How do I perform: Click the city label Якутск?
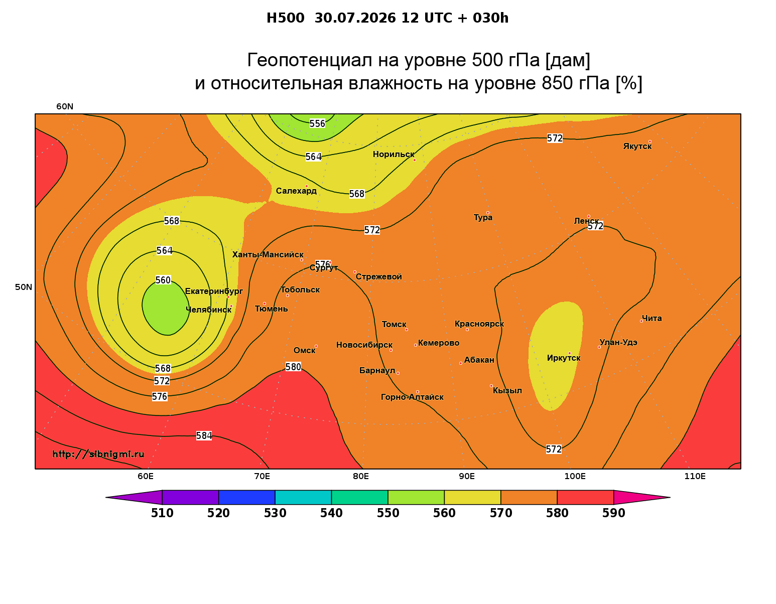[x=637, y=146]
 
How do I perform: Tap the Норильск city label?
[x=394, y=155]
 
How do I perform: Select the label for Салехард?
[x=296, y=191]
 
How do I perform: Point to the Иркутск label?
[x=564, y=358]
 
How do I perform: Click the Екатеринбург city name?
[x=214, y=291]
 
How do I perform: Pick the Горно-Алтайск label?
[x=412, y=397]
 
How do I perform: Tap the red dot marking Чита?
[x=641, y=321]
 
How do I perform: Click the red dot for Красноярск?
[x=467, y=330]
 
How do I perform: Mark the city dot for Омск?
[x=316, y=347]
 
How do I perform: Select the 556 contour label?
[x=317, y=123]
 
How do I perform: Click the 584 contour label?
[x=204, y=435]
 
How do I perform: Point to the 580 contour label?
[x=293, y=367]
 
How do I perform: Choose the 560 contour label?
[x=163, y=280]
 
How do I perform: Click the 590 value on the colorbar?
[x=613, y=513]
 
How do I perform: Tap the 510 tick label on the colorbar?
[x=162, y=513]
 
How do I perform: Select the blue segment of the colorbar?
[x=247, y=497]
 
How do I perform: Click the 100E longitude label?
[x=575, y=476]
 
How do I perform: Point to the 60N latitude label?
[x=65, y=106]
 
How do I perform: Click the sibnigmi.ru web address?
[x=98, y=454]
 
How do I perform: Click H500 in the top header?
[x=285, y=18]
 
